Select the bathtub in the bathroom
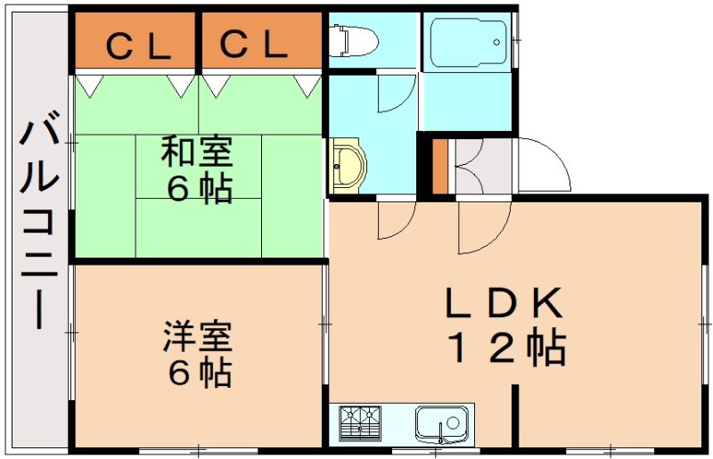click(467, 43)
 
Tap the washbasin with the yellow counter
click(348, 166)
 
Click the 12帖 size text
click(506, 348)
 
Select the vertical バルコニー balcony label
click(39, 225)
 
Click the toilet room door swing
click(396, 94)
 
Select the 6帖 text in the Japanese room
click(199, 190)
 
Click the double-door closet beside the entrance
click(482, 168)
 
